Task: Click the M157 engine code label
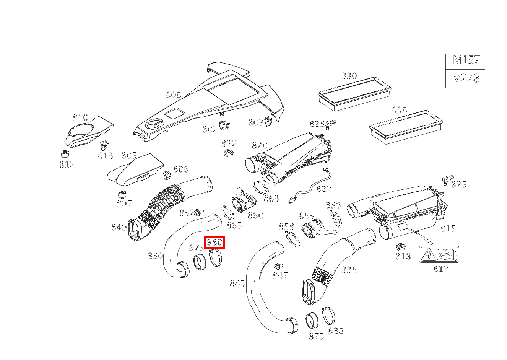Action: tap(466, 60)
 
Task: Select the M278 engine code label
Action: tap(466, 78)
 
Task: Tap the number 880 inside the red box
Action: tap(214, 243)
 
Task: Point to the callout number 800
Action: tap(174, 95)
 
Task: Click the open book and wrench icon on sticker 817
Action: tap(445, 254)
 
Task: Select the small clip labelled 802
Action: tap(224, 125)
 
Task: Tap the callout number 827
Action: tap(324, 189)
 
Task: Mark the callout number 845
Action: tap(237, 283)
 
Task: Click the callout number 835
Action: tap(349, 270)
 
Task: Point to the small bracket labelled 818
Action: tap(401, 246)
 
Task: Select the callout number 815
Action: tap(448, 228)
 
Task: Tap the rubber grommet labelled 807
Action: tap(122, 195)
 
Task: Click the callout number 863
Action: tap(271, 199)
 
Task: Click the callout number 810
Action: tap(80, 117)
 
